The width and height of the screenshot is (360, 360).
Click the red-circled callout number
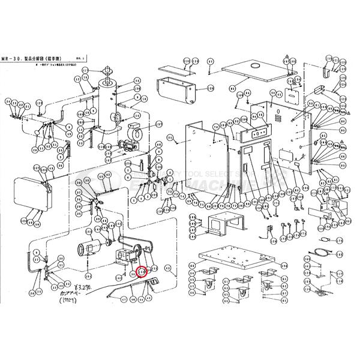coord(143,272)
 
